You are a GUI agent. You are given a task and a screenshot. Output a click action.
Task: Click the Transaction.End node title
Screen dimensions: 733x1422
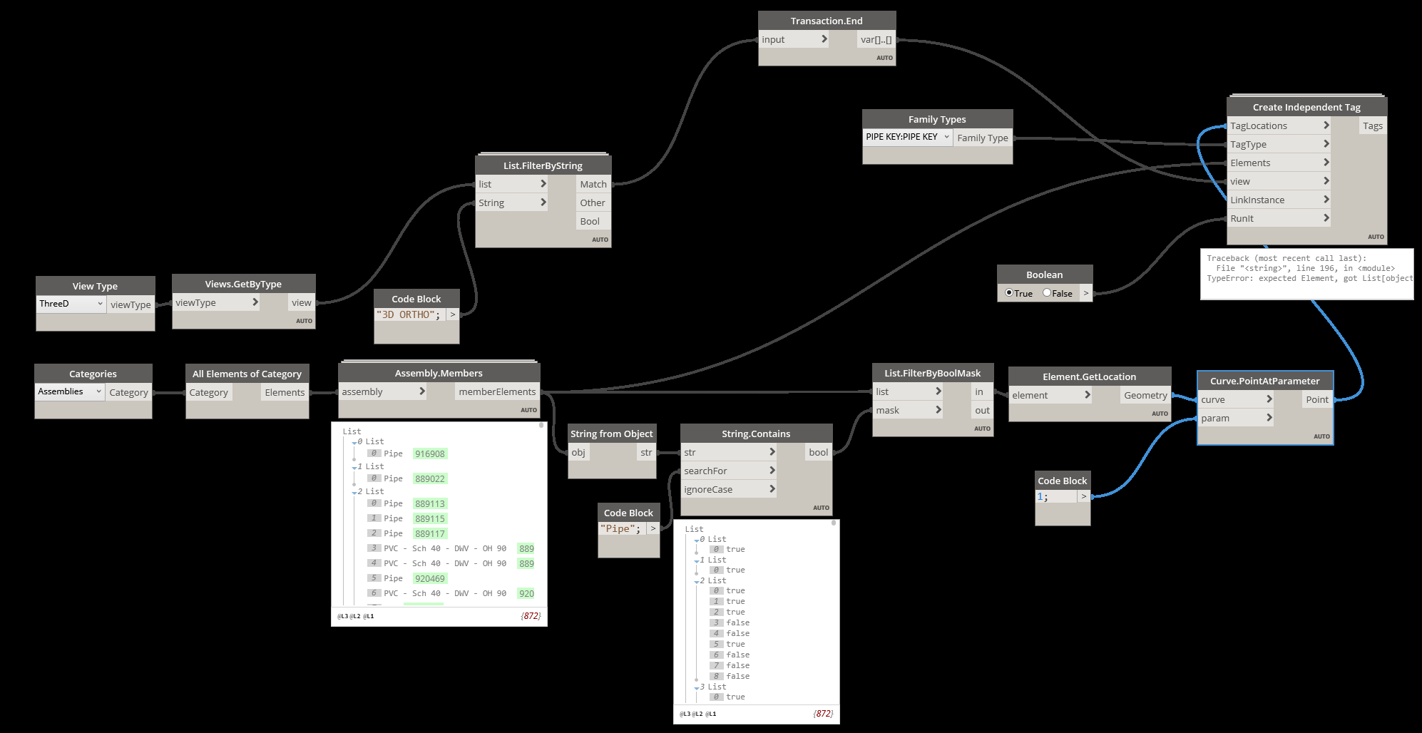(826, 21)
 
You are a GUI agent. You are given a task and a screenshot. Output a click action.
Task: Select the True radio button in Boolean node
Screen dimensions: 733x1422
(1009, 293)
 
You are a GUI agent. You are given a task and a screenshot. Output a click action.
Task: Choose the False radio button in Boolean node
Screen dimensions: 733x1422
(1047, 293)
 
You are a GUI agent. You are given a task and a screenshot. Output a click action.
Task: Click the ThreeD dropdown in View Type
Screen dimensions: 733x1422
(71, 304)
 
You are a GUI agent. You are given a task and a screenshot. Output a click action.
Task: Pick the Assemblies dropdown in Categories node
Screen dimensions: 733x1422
(69, 391)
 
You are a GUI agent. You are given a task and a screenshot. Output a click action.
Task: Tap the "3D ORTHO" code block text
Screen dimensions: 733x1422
(408, 314)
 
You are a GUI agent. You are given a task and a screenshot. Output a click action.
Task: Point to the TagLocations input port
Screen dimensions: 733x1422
(1259, 125)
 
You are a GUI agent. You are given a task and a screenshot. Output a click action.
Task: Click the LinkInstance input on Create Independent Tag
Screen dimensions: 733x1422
(1257, 200)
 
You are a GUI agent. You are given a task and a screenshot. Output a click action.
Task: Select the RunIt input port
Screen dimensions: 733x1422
(1242, 218)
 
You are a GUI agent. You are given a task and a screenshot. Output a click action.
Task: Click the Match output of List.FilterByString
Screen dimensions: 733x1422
(593, 184)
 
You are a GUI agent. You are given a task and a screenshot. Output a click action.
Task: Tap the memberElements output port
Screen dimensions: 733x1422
(497, 391)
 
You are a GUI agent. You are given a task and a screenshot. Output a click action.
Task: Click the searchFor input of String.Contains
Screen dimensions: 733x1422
(705, 471)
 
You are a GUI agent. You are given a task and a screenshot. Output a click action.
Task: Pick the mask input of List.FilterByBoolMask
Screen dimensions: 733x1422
(888, 410)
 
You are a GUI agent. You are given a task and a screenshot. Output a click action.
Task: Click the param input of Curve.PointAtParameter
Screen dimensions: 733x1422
(1215, 418)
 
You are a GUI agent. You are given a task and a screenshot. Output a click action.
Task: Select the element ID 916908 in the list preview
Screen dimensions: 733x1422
(430, 453)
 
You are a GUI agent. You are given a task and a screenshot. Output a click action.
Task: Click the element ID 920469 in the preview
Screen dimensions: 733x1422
(430, 578)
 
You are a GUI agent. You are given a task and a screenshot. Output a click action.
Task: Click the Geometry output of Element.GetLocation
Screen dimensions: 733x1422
(1145, 395)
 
